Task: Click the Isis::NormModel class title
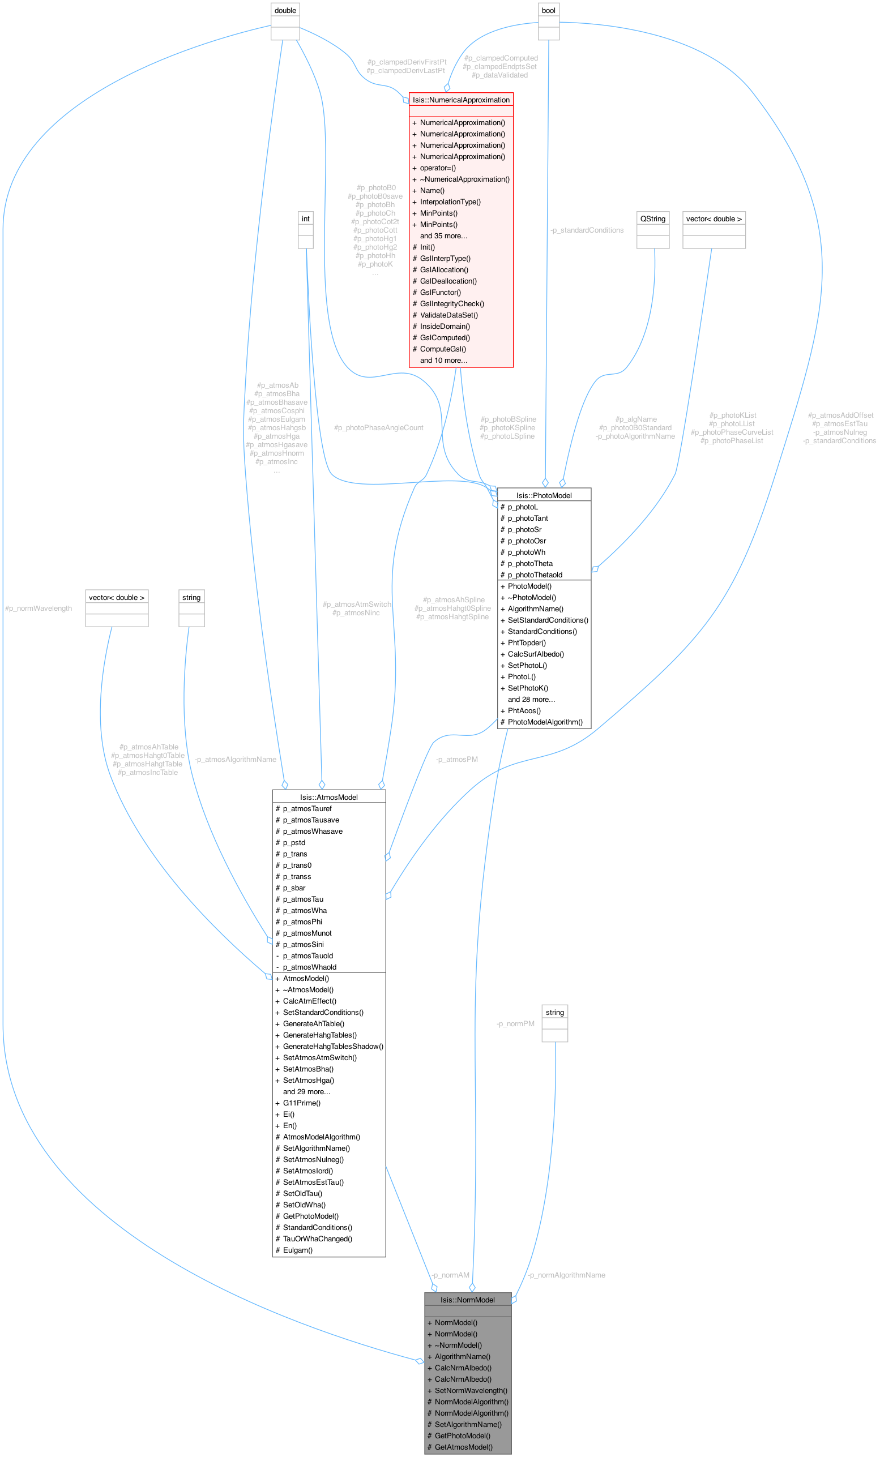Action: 467,1300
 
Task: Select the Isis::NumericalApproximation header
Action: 461,100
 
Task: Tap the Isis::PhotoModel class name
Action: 544,495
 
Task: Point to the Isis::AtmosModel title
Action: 328,797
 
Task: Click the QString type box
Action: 652,219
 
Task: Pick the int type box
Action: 305,219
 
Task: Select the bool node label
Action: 548,11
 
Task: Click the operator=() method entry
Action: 438,168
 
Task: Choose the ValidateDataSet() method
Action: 448,315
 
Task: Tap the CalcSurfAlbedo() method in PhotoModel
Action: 535,654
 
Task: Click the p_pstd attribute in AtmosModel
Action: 294,843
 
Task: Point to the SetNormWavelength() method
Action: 471,1390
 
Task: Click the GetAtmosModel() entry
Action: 463,1447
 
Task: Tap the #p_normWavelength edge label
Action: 39,608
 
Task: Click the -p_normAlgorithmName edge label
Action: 566,1275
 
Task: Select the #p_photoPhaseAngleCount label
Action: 378,427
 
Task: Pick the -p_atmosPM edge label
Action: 456,759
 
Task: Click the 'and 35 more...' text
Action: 443,236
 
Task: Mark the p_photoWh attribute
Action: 526,552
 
